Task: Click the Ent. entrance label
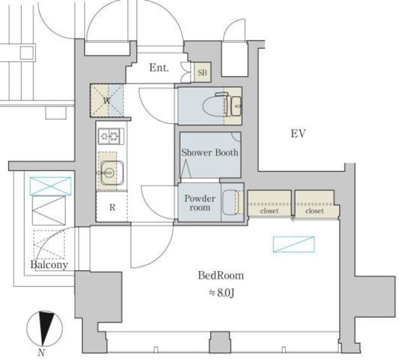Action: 159,68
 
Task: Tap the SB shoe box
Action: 202,72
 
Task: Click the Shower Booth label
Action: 210,152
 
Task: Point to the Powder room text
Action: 200,203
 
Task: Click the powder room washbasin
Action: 231,203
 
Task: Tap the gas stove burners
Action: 111,136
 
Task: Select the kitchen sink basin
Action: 112,173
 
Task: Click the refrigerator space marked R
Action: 112,207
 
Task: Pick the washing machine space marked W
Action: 107,100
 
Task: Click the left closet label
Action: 269,211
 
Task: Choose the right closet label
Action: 314,211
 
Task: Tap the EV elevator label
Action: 298,133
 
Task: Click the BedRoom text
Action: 221,276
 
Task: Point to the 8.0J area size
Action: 222,293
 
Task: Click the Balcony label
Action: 49,265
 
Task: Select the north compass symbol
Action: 44,328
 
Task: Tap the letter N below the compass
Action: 42,353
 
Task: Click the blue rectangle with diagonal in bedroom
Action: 294,245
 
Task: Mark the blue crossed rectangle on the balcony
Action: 50,187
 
